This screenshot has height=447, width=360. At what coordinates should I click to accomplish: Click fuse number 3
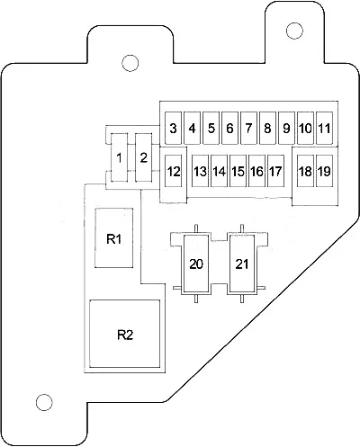point(173,129)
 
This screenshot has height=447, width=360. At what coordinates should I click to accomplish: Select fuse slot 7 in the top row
point(248,129)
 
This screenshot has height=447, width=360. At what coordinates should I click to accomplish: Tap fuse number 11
point(324,129)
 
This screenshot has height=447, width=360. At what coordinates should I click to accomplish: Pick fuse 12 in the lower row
point(174,171)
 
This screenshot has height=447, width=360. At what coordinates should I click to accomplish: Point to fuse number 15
point(238,171)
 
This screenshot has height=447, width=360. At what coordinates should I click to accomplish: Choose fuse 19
point(324,171)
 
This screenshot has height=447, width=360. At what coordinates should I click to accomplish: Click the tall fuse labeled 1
point(120,157)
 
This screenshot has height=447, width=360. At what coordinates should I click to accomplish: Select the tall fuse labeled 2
point(144,157)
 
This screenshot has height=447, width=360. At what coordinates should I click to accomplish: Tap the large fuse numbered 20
point(196,264)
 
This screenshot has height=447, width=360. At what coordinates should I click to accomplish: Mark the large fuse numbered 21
point(242,264)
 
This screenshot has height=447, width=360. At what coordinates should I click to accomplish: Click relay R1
point(114,237)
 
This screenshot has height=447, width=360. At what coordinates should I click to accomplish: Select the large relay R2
point(125,334)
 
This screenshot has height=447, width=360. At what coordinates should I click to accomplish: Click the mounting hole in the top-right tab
point(294,31)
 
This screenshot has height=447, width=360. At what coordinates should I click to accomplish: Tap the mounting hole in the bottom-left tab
point(44,402)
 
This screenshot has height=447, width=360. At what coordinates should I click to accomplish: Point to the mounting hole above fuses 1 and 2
point(130,63)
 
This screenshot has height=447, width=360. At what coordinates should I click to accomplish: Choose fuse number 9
point(286,129)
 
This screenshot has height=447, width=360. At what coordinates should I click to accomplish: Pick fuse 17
point(275,171)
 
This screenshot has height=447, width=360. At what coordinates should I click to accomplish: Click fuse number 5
point(211,129)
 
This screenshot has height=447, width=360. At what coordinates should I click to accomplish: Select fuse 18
point(305,171)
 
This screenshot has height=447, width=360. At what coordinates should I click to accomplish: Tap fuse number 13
point(200,171)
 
